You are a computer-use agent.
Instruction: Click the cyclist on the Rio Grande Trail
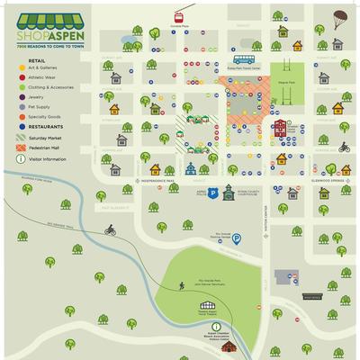[x=110, y=230]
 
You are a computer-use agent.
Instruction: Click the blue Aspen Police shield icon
[x=213, y=193]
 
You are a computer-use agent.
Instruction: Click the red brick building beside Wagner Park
[x=281, y=127]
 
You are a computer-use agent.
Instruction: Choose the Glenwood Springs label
[x=328, y=181]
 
